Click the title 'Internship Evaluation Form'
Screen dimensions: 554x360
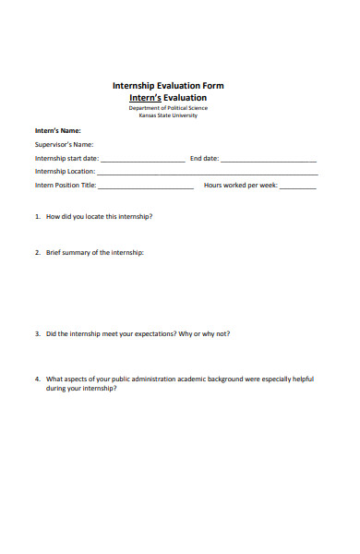coord(167,86)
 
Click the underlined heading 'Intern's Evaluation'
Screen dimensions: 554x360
coord(167,97)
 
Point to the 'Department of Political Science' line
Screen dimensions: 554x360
coord(167,108)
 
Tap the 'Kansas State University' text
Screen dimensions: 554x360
coord(167,115)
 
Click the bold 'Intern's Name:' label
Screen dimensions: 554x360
coord(58,130)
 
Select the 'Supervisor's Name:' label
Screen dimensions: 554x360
coord(65,144)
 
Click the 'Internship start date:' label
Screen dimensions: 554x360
coord(66,158)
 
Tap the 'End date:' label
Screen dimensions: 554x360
coord(204,158)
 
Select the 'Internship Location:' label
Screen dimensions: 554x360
coord(66,172)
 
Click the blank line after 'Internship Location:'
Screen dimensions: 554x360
coord(208,174)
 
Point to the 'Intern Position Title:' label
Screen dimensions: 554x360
coord(66,185)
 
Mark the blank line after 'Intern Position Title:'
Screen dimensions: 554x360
coord(146,187)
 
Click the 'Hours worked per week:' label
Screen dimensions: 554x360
coord(240,185)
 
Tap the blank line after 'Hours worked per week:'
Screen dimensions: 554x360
coord(297,187)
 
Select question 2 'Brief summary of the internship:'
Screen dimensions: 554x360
coord(94,252)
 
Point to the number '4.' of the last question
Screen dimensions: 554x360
coord(38,379)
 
